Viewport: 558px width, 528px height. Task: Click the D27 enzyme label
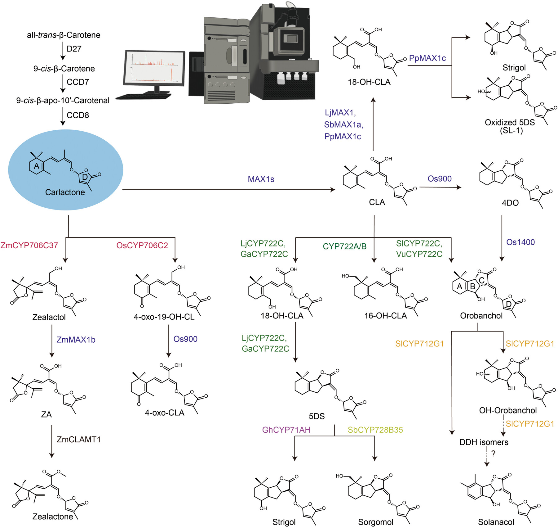coord(74,49)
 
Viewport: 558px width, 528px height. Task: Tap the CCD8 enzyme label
coord(78,115)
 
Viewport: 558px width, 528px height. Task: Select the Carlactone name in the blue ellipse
coord(65,192)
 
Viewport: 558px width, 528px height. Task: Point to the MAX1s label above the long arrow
coord(261,179)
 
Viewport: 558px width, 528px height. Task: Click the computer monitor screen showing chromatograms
coord(155,67)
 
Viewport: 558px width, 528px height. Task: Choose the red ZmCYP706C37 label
coord(29,246)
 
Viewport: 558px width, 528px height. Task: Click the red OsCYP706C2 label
coord(142,246)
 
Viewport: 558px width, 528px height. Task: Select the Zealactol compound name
coord(49,317)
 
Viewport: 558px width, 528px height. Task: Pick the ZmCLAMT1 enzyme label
coord(79,440)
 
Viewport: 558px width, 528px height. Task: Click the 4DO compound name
coord(510,203)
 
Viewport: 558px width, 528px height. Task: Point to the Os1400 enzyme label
coord(520,242)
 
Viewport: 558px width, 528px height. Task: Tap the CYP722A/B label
coord(344,246)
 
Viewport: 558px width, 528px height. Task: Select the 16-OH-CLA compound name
coord(385,316)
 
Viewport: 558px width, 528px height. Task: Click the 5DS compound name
coord(317,416)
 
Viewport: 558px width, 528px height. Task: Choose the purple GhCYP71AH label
coord(286,430)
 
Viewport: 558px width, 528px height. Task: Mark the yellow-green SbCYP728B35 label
coord(375,430)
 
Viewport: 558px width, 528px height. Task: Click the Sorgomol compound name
coord(375,522)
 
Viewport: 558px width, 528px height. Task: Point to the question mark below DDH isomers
coord(493,454)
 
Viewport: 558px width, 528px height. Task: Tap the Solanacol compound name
coord(496,522)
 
